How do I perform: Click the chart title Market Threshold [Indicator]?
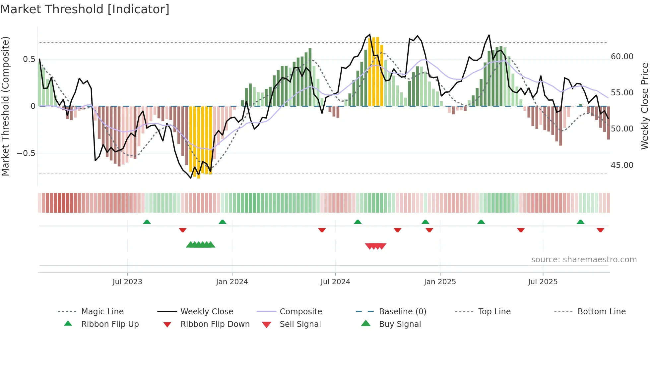coord(85,9)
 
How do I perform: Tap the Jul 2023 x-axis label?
coord(127,282)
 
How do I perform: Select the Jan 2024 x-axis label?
coord(232,282)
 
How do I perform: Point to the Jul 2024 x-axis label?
coord(335,282)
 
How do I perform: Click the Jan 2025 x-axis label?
coord(440,282)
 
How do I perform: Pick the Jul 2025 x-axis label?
coord(543,282)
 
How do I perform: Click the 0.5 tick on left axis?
coord(29,59)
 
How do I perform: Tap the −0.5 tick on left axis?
coord(26,153)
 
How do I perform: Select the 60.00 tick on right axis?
coord(622,57)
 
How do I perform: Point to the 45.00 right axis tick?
coord(622,165)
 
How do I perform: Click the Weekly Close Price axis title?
coord(644,106)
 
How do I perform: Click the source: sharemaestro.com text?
coord(584,260)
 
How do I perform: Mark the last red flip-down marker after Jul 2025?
coord(600,230)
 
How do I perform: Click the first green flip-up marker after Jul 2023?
coord(147,222)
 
